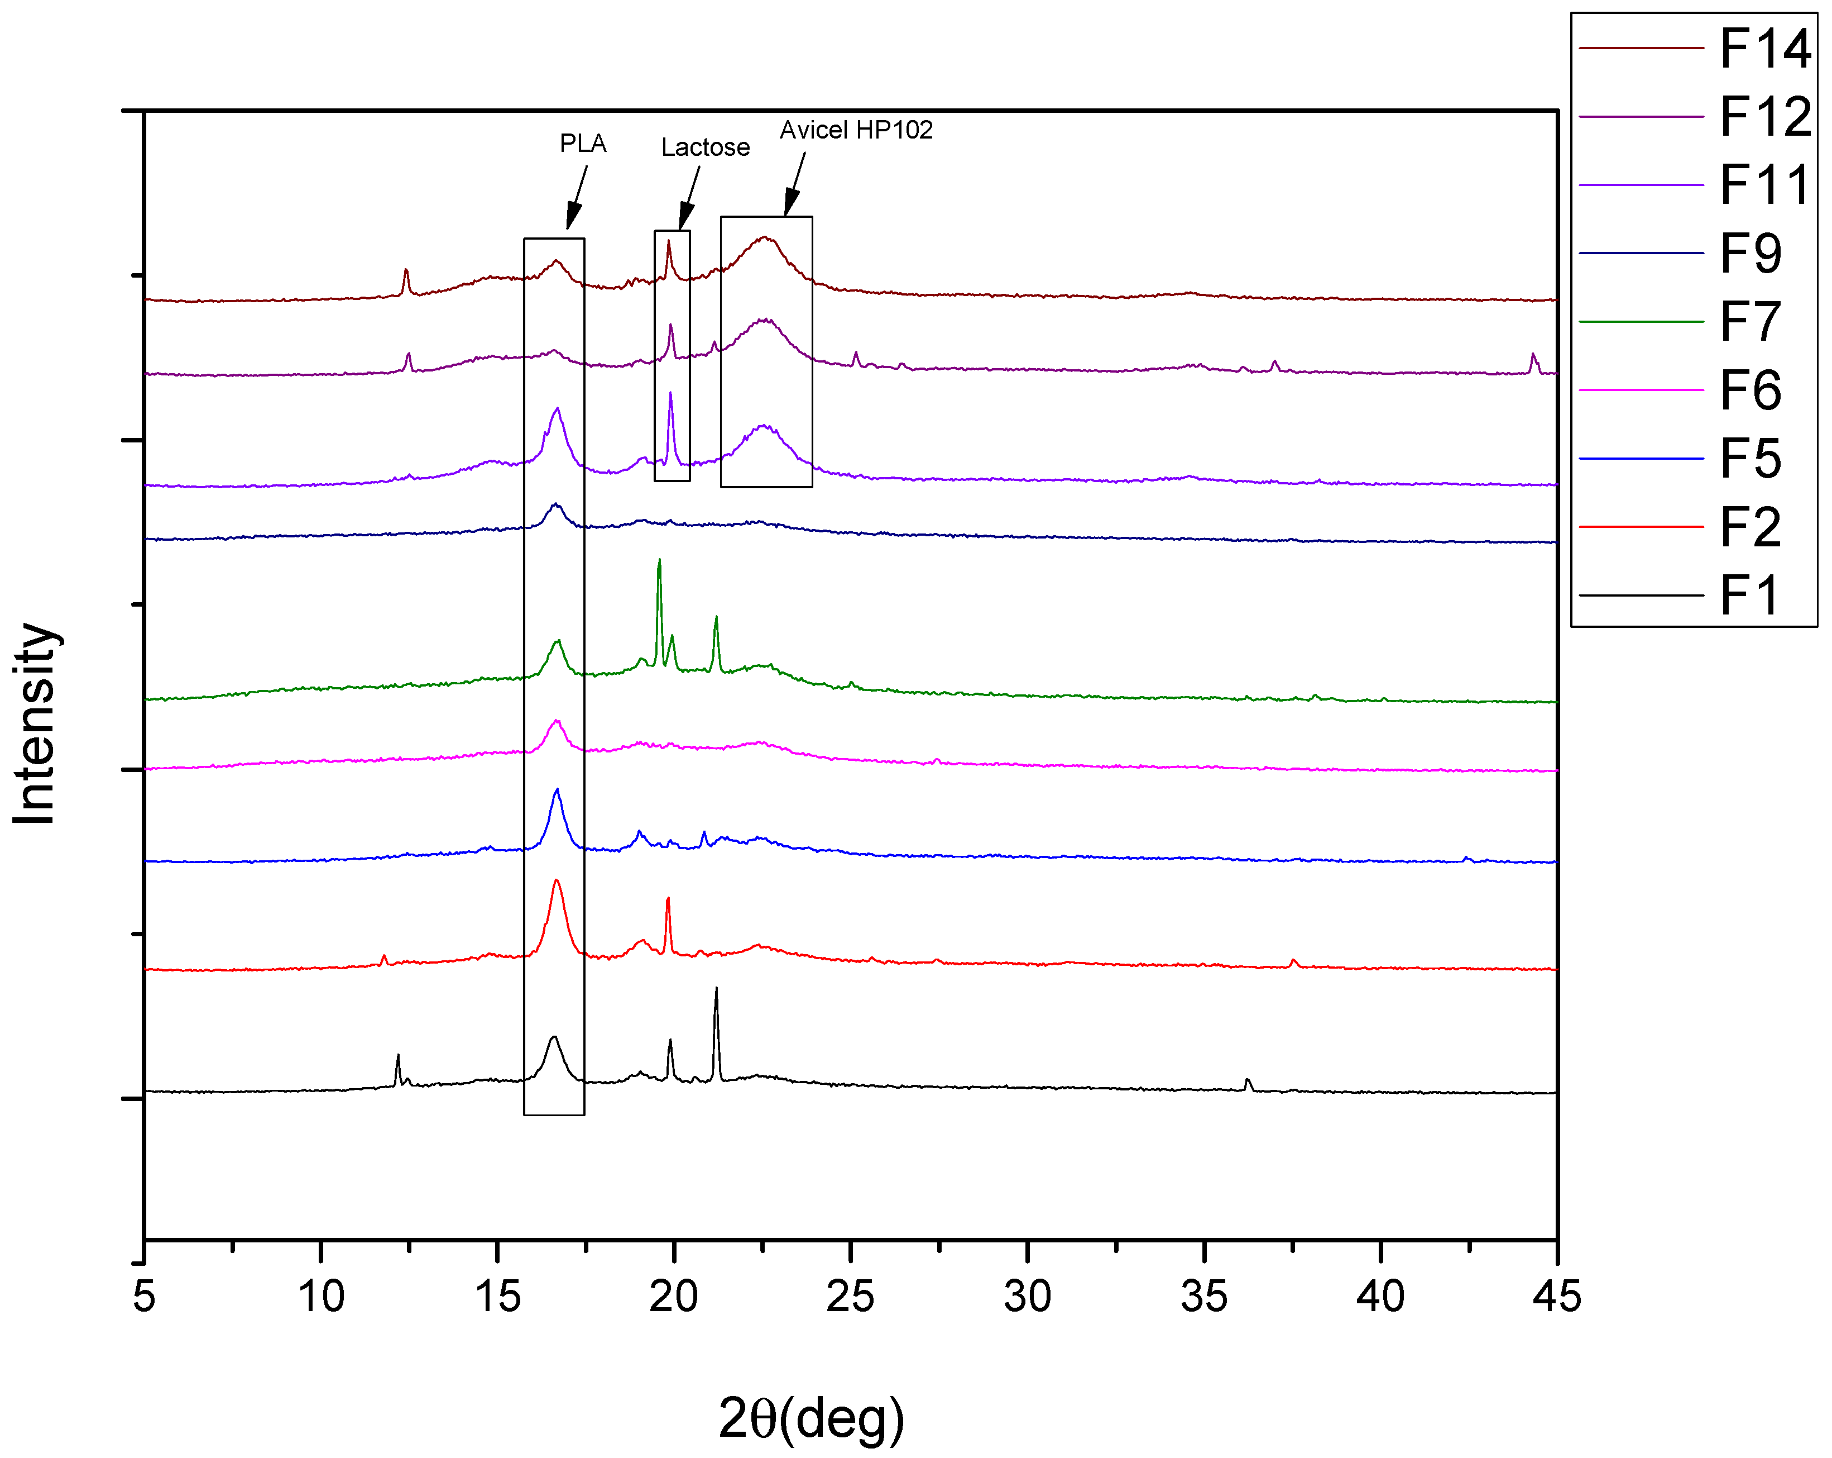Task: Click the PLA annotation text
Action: (x=583, y=144)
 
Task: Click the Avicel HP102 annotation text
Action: (x=856, y=130)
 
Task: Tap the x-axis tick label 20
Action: (x=673, y=1297)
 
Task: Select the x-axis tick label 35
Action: (x=1203, y=1297)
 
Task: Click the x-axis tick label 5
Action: (x=145, y=1297)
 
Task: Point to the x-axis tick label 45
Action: (x=1556, y=1297)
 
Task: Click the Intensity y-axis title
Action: (x=36, y=723)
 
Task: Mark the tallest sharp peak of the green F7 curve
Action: (x=659, y=561)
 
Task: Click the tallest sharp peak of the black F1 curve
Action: (x=716, y=989)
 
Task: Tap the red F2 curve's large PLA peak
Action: (x=557, y=882)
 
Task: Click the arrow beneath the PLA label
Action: (x=577, y=199)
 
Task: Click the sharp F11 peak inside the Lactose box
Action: (x=670, y=394)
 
